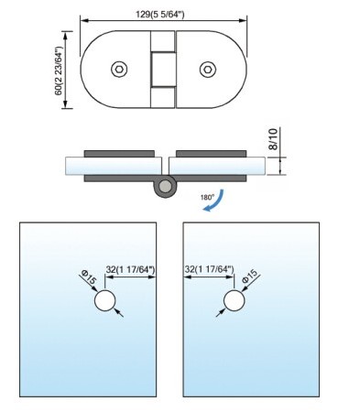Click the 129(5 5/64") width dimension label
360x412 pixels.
pyautogui.click(x=160, y=14)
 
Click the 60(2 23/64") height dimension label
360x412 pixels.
pyautogui.click(x=59, y=70)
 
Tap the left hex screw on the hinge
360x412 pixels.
pyautogui.click(x=119, y=69)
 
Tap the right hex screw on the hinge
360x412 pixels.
pyautogui.click(x=208, y=69)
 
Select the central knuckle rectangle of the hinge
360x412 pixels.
pyautogui.click(x=163, y=70)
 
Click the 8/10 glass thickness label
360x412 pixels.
pyautogui.click(x=274, y=139)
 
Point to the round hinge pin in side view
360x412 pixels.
pyautogui.click(x=165, y=186)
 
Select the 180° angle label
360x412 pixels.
pyautogui.click(x=207, y=197)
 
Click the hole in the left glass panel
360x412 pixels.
pyautogui.click(x=105, y=300)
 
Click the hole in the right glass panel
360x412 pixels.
pyautogui.click(x=235, y=300)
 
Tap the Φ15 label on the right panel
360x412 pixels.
pyautogui.click(x=250, y=276)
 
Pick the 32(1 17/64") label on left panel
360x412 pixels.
pyautogui.click(x=131, y=269)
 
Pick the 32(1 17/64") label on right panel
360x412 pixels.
pyautogui.click(x=210, y=269)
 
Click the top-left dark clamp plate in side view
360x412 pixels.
pyautogui.click(x=119, y=154)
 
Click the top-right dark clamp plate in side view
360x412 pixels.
pyautogui.click(x=211, y=154)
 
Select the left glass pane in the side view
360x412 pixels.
pyautogui.click(x=114, y=166)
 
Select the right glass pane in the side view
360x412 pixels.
pyautogui.click(x=217, y=166)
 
